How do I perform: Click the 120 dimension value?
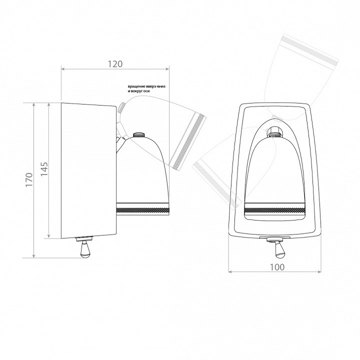(115, 64)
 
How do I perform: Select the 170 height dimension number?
(29, 179)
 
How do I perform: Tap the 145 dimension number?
(44, 169)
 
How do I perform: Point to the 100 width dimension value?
(277, 267)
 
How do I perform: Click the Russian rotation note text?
(146, 89)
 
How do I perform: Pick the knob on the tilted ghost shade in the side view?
(121, 107)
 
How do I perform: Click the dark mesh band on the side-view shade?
(143, 210)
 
